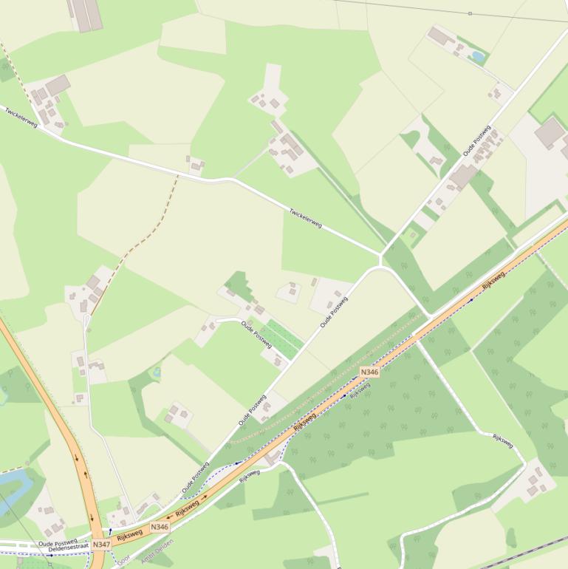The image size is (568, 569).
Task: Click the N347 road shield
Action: tap(101, 545)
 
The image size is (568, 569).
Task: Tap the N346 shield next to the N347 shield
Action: tap(160, 527)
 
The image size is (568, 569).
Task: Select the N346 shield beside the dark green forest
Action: tap(369, 372)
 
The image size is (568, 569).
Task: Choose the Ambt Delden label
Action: tap(157, 551)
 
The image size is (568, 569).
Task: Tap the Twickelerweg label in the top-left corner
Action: tap(21, 117)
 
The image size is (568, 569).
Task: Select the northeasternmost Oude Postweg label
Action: tap(477, 140)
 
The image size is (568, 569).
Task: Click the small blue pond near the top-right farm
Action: tap(478, 56)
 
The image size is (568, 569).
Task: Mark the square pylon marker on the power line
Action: tap(470, 13)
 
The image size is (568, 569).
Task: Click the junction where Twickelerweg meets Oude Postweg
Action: tap(380, 256)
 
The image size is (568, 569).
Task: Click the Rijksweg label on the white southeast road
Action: tap(503, 440)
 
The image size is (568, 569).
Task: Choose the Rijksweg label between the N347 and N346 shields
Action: tap(129, 533)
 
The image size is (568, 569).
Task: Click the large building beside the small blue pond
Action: tap(441, 35)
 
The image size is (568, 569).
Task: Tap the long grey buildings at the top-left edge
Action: tap(85, 14)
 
